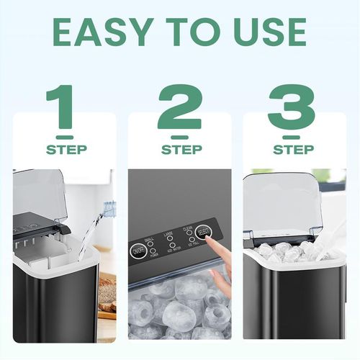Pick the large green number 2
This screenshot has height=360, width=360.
pyautogui.click(x=180, y=109)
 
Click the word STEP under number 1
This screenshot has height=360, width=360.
pyautogui.click(x=66, y=150)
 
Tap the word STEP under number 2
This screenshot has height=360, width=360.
pyautogui.click(x=181, y=150)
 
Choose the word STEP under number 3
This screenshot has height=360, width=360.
pyautogui.click(x=294, y=150)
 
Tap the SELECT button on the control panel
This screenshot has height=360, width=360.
pyautogui.click(x=203, y=232)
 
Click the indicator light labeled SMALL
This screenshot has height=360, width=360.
pyautogui.click(x=151, y=243)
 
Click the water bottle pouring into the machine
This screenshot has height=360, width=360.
pyautogui.click(x=109, y=210)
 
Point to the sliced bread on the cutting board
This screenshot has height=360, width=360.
pyautogui.click(x=107, y=295)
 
